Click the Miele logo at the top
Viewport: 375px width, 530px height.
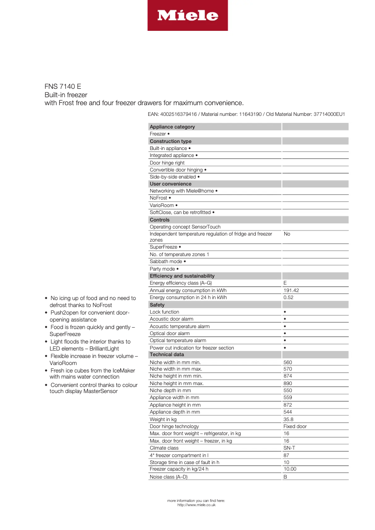click(x=187, y=15)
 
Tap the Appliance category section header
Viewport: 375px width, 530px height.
click(x=172, y=127)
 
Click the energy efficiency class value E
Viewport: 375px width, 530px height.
click(x=285, y=283)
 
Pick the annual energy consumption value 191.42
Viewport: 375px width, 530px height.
click(x=291, y=290)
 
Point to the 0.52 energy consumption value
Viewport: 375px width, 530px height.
click(x=288, y=297)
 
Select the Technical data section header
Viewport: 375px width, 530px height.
click(x=166, y=355)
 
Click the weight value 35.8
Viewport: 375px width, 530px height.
click(x=288, y=419)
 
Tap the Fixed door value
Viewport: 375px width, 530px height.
click(x=295, y=426)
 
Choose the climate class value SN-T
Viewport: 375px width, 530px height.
click(x=289, y=448)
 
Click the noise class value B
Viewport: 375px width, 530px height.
click(x=285, y=477)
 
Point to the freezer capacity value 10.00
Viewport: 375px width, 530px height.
click(x=290, y=469)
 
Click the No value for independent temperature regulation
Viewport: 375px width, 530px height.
click(x=287, y=234)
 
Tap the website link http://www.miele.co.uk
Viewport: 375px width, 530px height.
click(x=196, y=505)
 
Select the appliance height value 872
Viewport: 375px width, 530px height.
click(x=288, y=405)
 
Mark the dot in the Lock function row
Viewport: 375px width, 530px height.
click(x=285, y=312)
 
